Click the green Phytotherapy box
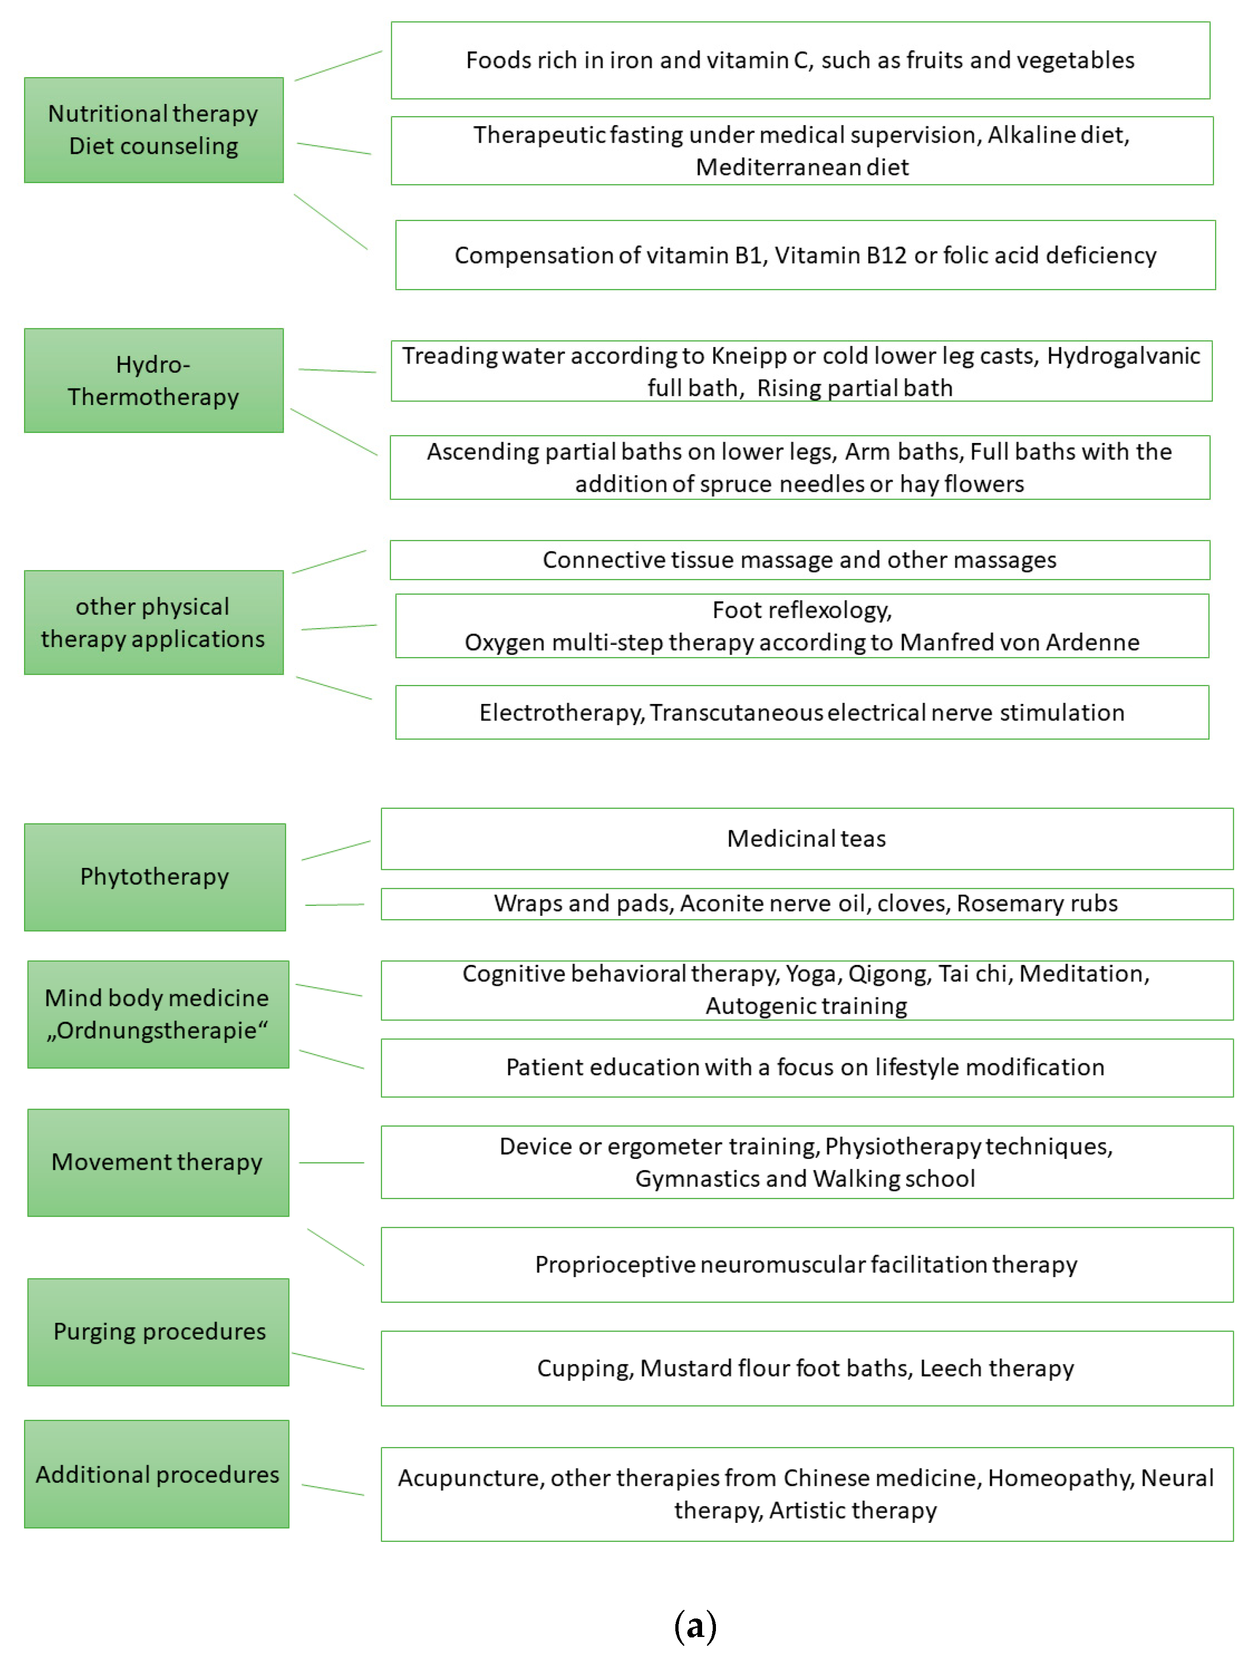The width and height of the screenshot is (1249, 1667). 155,876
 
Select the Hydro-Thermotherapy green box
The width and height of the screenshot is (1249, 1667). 154,381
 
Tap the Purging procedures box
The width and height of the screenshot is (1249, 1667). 158,1332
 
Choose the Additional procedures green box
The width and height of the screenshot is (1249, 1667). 157,1474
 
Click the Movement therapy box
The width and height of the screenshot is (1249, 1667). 158,1162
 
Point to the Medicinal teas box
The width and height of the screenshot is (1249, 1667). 806,839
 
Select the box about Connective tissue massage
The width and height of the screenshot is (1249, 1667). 799,560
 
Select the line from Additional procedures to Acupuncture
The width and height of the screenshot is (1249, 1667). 333,1490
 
